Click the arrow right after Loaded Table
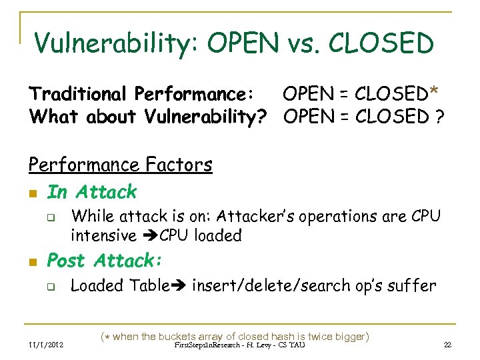(180, 286)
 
